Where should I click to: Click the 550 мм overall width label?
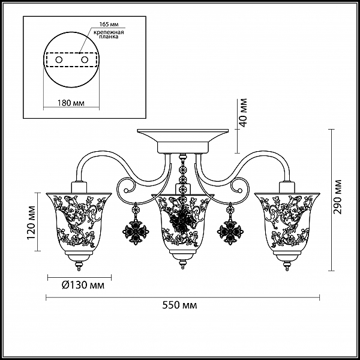[179, 305]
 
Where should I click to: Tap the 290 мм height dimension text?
[338, 197]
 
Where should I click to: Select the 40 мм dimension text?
[242, 113]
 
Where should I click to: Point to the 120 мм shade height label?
[31, 223]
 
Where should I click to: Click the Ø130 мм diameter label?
[83, 285]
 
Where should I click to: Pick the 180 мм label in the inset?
[70, 103]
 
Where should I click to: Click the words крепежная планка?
[109, 34]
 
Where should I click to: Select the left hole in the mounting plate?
[59, 60]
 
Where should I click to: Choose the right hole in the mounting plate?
[85, 60]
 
